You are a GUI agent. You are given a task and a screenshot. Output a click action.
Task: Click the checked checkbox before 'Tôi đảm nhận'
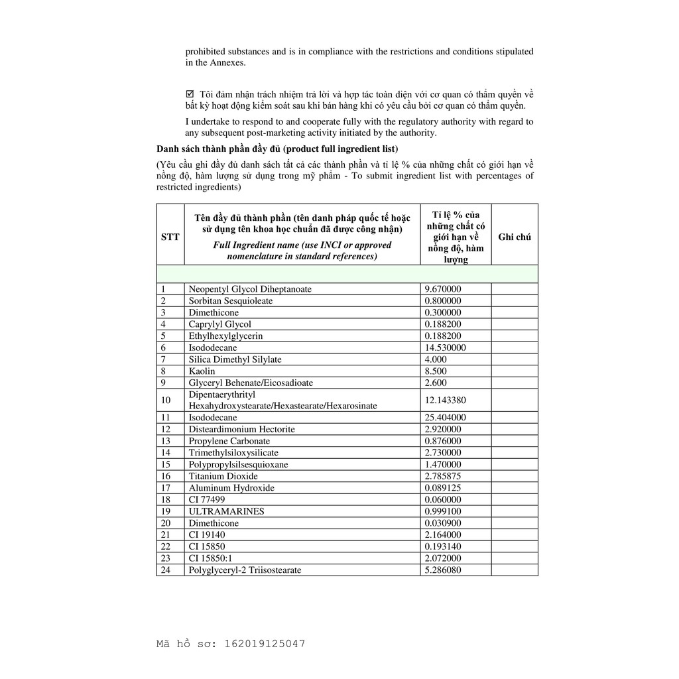pyautogui.click(x=190, y=93)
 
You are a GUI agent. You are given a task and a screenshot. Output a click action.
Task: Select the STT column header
pyautogui.click(x=170, y=237)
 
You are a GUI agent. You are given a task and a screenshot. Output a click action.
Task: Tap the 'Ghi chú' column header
pyautogui.click(x=515, y=237)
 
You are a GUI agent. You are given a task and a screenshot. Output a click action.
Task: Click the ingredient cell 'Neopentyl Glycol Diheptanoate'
pyautogui.click(x=250, y=289)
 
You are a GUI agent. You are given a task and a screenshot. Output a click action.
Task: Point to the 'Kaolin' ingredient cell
pyautogui.click(x=201, y=371)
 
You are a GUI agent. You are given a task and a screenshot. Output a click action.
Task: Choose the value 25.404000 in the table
pyautogui.click(x=445, y=418)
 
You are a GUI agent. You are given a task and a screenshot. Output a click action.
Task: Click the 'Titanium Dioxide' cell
pyautogui.click(x=223, y=476)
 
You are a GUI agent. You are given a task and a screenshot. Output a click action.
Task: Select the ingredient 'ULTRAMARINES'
pyautogui.click(x=226, y=511)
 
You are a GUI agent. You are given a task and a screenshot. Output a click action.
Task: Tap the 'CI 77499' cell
pyautogui.click(x=207, y=499)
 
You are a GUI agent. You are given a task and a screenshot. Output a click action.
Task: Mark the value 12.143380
pyautogui.click(x=445, y=400)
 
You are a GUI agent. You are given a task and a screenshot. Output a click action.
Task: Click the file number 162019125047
pyautogui.click(x=265, y=643)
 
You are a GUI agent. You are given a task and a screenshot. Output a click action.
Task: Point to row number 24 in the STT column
pyautogui.click(x=166, y=570)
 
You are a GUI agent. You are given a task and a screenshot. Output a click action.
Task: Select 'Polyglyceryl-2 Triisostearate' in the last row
pyautogui.click(x=245, y=570)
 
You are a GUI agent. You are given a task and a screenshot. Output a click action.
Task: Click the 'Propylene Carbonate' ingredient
pyautogui.click(x=229, y=441)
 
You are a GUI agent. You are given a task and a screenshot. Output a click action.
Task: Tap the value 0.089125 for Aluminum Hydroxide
pyautogui.click(x=443, y=488)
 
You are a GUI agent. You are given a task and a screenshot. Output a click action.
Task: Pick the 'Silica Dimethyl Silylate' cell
pyautogui.click(x=235, y=359)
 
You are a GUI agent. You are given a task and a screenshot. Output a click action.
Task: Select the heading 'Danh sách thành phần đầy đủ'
pyautogui.click(x=218, y=149)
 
